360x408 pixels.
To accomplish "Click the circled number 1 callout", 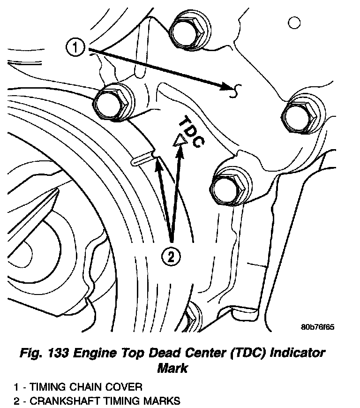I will (x=76, y=47).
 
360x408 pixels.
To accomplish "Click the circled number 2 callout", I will (x=171, y=256).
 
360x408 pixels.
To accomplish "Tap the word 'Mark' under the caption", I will (x=172, y=368).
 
